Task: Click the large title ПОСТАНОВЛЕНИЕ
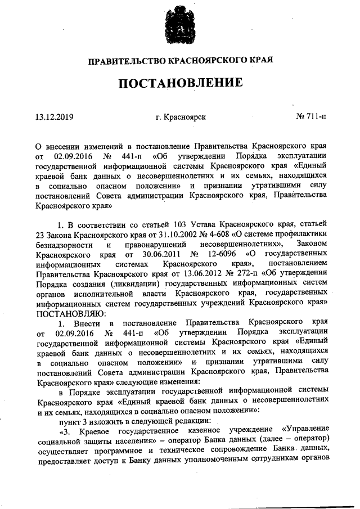[x=181, y=83]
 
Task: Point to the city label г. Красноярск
[x=181, y=117]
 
